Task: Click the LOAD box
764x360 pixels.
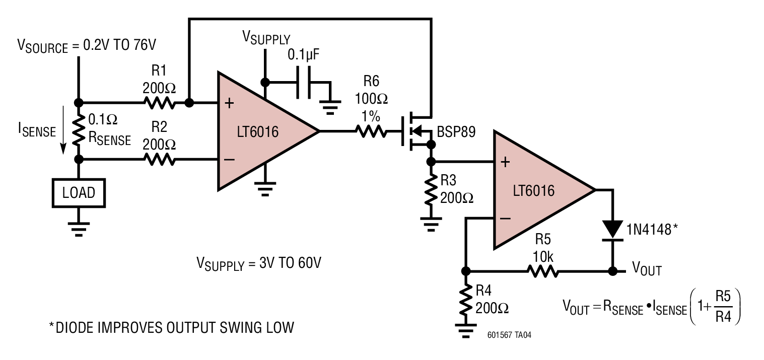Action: pyautogui.click(x=79, y=193)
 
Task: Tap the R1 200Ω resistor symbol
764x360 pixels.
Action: pyautogui.click(x=159, y=103)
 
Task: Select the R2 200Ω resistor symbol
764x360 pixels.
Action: pyautogui.click(x=159, y=159)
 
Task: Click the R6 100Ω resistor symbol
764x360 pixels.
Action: pyautogui.click(x=371, y=131)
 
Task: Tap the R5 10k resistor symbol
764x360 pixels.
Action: pyautogui.click(x=542, y=271)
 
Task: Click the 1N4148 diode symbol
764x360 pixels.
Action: pyautogui.click(x=612, y=231)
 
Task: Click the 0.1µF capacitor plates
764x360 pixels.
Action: pyautogui.click(x=304, y=83)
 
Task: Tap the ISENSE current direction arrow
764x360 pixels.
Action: pyautogui.click(x=63, y=130)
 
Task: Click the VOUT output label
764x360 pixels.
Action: pyautogui.click(x=647, y=269)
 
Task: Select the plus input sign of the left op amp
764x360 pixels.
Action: pyautogui.click(x=230, y=103)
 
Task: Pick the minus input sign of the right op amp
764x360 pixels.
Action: pyautogui.click(x=505, y=218)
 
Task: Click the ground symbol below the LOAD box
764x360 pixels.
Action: pyautogui.click(x=79, y=229)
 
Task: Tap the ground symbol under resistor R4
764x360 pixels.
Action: pyautogui.click(x=466, y=331)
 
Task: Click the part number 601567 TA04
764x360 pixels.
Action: pyautogui.click(x=509, y=335)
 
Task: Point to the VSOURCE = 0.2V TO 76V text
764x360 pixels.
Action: pyautogui.click(x=87, y=46)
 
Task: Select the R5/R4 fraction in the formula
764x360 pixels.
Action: pyautogui.click(x=723, y=306)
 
